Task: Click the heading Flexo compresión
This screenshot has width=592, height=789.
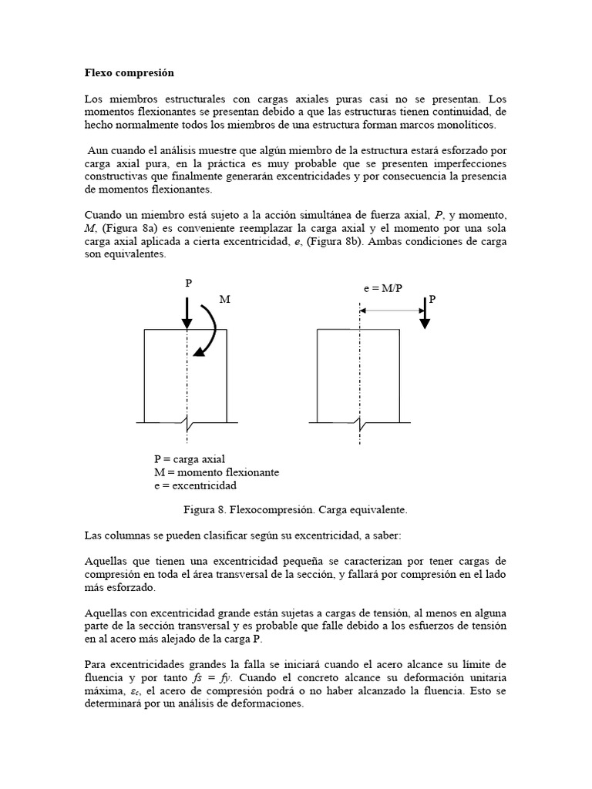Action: coord(129,73)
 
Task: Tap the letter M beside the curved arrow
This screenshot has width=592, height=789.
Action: coord(224,299)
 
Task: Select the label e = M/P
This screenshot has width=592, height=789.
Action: coord(383,287)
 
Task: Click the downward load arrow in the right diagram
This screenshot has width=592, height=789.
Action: coord(424,313)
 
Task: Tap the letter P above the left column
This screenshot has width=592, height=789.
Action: coord(187,284)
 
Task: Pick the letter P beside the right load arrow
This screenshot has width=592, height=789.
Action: coord(432,299)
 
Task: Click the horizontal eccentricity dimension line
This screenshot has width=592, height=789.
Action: coord(391,310)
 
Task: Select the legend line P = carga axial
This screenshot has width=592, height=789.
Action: coord(190,459)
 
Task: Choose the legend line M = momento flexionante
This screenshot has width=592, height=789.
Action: coord(216,472)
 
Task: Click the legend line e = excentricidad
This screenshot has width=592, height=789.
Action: coord(195,485)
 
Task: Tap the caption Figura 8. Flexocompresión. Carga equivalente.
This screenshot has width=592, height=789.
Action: coord(294,510)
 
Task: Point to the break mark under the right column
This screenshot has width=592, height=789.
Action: coord(359,422)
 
